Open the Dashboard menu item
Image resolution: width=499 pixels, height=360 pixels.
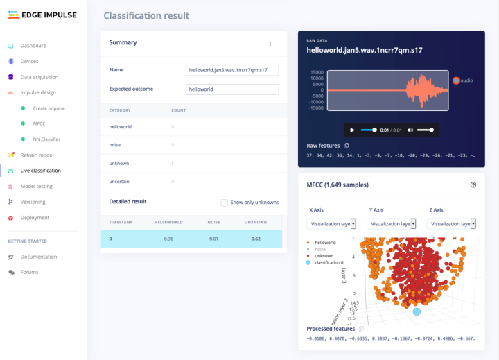click(x=33, y=46)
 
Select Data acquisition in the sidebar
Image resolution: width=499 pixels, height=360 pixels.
click(x=39, y=77)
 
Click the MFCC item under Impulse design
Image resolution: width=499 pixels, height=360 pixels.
click(x=40, y=123)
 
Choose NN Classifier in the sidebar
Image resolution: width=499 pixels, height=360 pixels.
click(x=46, y=139)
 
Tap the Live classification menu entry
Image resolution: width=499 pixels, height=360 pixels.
click(x=40, y=171)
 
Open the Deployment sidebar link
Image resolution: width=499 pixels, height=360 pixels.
click(x=35, y=218)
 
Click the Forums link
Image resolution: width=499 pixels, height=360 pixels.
click(x=29, y=272)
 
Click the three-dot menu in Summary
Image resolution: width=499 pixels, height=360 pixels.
click(x=270, y=43)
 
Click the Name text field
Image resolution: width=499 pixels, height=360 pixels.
click(x=232, y=70)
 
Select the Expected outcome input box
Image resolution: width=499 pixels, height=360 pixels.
click(x=232, y=89)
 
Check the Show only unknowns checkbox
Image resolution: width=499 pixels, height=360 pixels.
click(x=224, y=203)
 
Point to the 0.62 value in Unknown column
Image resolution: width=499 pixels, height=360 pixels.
click(x=256, y=239)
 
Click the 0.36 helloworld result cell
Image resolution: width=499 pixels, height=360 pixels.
click(x=168, y=239)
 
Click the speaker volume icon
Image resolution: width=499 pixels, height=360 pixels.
click(x=410, y=130)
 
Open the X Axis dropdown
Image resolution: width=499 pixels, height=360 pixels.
click(x=331, y=223)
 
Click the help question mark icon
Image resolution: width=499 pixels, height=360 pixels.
click(x=473, y=185)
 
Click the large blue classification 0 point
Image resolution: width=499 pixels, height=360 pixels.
click(x=417, y=312)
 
